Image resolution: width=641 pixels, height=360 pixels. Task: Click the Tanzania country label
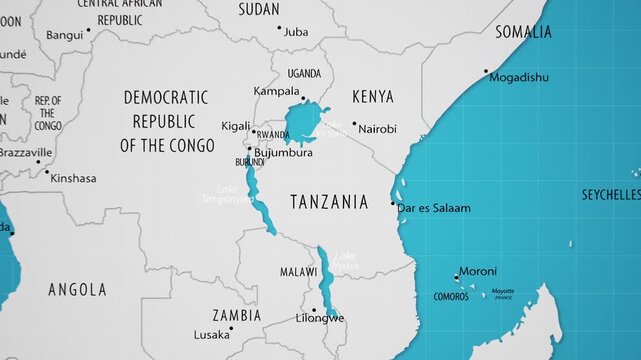pos(329,202)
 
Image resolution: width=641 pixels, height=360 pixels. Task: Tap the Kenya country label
pos(372,97)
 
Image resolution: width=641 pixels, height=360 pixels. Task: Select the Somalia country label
pos(523,32)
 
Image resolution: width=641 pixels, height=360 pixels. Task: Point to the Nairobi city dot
pos(353,124)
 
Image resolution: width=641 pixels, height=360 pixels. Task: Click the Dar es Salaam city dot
pos(393,204)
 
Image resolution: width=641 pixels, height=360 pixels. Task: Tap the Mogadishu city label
pos(519,77)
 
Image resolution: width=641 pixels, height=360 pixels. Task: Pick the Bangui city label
pos(64,34)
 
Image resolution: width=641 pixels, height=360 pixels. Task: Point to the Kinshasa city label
pos(73,179)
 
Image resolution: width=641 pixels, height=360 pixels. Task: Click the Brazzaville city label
pos(25,153)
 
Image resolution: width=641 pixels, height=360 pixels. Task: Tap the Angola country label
pos(77,290)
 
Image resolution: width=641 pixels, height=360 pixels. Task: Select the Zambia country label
pos(236,315)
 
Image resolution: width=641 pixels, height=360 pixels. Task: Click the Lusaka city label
pos(211,335)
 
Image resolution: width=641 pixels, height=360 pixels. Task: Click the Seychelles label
pos(611,194)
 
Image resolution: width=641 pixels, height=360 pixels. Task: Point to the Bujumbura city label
pos(284,153)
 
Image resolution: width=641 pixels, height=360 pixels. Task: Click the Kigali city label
pos(236,126)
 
